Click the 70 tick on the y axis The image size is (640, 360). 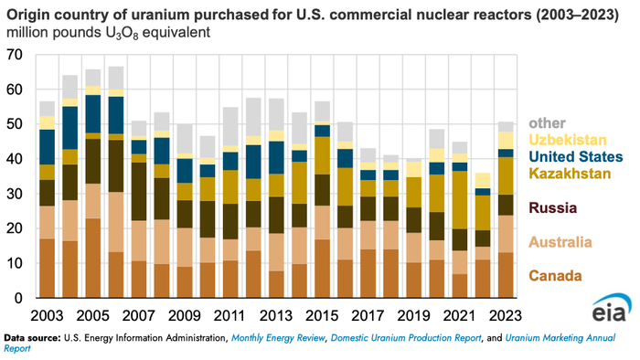[x=14, y=56]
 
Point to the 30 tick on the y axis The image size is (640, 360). [x=14, y=194]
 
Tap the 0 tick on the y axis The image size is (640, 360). [x=17, y=298]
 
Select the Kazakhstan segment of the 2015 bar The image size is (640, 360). [x=322, y=155]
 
